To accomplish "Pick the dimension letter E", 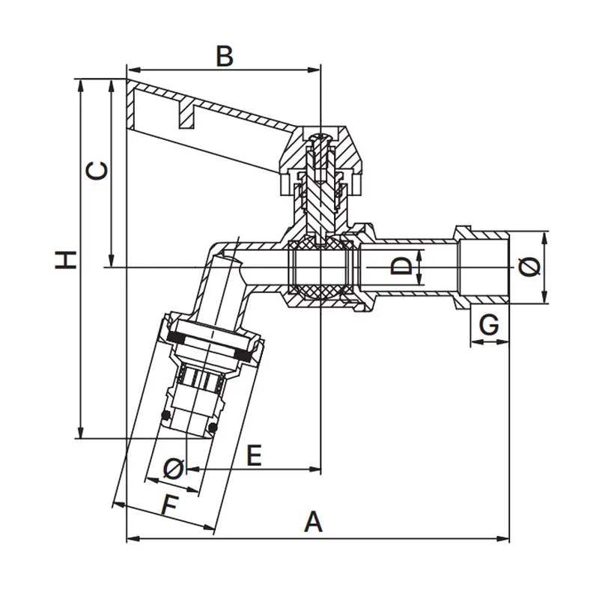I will [x=255, y=454].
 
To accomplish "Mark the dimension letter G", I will [x=489, y=325].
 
